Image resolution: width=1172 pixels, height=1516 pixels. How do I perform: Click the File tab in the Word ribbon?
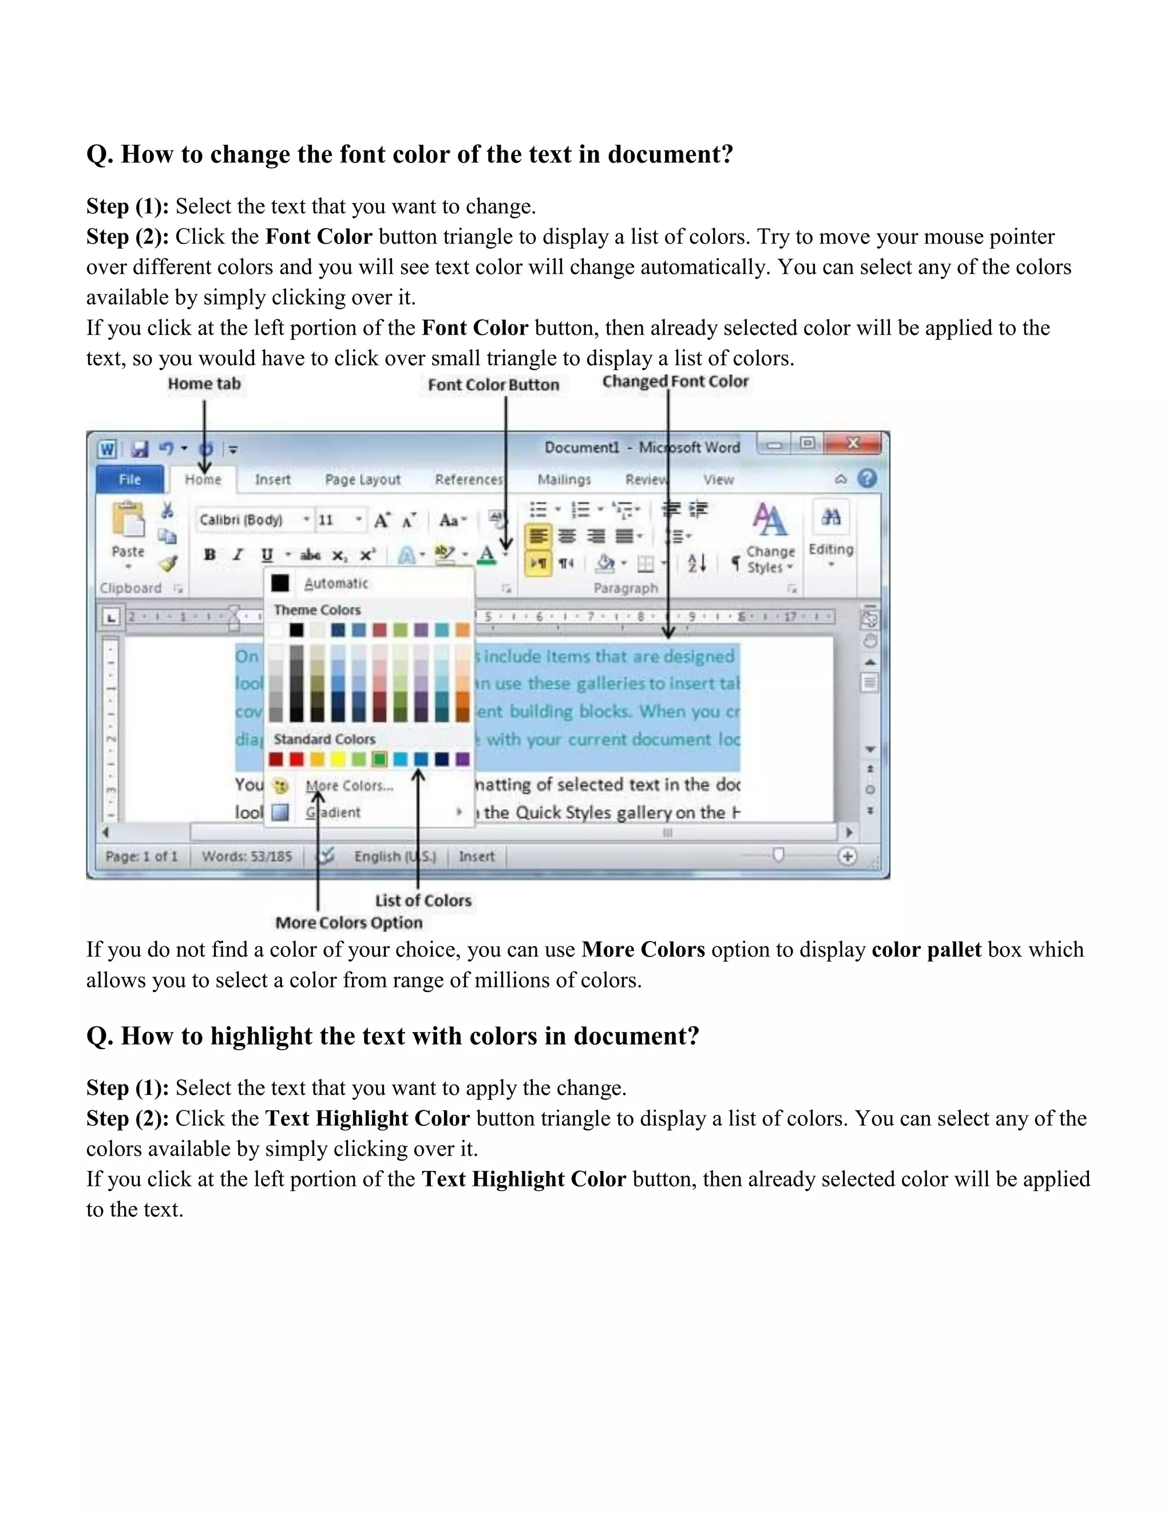(130, 479)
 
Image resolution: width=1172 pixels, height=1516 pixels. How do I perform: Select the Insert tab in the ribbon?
(272, 479)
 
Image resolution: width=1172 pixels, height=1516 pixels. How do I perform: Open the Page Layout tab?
(362, 479)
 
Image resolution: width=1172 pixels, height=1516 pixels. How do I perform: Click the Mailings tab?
(564, 479)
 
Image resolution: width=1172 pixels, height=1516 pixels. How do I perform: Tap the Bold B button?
(209, 554)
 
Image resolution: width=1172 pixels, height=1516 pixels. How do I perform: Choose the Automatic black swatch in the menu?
(280, 583)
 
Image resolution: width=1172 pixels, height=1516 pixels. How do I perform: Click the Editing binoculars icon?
(831, 517)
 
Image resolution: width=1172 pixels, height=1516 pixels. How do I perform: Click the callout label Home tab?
(204, 384)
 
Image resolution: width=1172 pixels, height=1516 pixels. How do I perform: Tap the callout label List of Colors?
(423, 900)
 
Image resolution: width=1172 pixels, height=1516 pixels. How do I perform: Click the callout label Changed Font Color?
(675, 382)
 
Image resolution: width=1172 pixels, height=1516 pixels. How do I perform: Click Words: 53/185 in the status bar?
(247, 856)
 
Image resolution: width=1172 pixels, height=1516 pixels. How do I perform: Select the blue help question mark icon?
(867, 478)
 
